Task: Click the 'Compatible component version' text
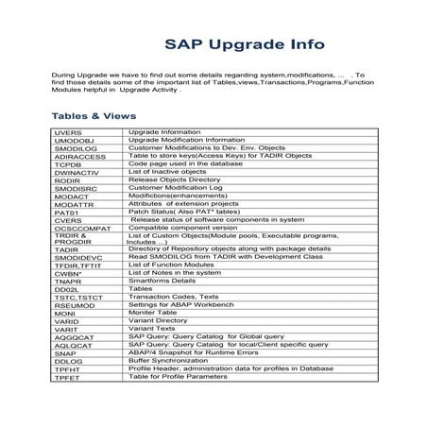(x=182, y=228)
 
